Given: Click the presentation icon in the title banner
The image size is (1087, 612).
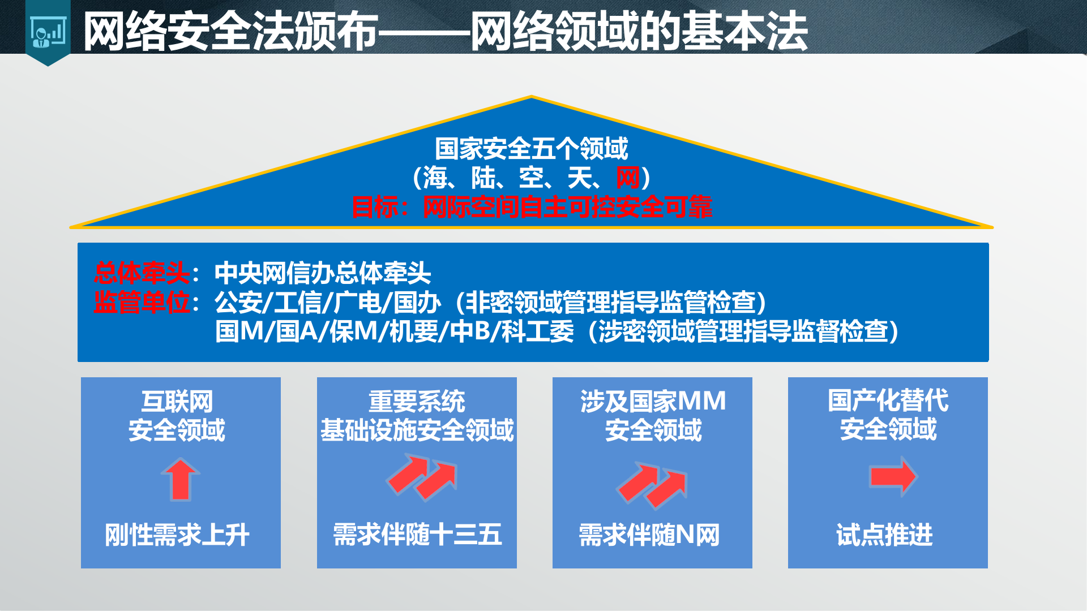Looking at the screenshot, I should pos(48,33).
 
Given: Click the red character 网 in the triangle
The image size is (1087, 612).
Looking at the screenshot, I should pos(628,178).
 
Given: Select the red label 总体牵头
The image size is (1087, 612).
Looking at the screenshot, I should pos(142,273).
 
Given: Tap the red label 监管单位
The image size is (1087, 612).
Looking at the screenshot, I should pos(142,303).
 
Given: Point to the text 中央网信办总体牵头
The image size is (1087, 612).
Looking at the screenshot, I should pos(323,273).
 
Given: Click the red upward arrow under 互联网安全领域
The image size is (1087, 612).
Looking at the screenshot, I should pos(181,480).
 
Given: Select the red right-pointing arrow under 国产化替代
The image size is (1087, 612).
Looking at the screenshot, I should pos(893,477).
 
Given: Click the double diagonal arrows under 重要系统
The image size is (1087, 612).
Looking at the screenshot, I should pos(422,479).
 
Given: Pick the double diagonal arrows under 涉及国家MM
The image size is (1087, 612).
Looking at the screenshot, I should pos(653,485).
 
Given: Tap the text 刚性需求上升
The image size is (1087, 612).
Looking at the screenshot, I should pos(177,535).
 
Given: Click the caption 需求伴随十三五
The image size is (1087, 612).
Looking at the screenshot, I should pos(417,535).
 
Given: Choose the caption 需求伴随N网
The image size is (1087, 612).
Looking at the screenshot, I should pos(649,535).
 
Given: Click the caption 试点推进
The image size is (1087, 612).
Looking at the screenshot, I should pos(884,535).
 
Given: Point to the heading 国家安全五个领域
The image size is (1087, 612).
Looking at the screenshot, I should pos(531,149).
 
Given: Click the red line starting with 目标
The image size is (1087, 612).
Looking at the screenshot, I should pos(531,208).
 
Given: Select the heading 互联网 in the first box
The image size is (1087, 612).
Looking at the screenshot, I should pos(177,402).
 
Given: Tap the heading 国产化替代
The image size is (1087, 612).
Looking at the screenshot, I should pos(888,400).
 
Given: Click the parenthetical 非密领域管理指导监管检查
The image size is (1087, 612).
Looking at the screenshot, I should pos(611,303).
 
